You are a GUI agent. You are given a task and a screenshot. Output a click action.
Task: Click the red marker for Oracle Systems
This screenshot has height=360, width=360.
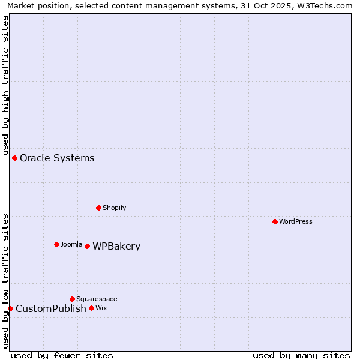pos(15,158)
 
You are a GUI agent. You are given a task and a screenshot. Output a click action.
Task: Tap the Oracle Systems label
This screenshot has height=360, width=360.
pos(57,158)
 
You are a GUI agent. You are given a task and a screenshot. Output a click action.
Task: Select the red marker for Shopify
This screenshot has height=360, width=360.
pos(99,208)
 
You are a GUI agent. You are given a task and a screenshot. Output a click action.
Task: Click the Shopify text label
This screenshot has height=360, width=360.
pos(114,208)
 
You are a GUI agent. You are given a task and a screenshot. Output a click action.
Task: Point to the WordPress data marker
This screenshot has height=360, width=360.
pos(275,221)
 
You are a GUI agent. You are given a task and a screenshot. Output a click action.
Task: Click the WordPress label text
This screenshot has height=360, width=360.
pos(296,222)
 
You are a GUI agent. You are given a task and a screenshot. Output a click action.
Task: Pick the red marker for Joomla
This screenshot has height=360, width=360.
pos(57,244)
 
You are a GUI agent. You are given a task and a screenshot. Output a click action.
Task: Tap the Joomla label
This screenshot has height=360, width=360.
pos(71,245)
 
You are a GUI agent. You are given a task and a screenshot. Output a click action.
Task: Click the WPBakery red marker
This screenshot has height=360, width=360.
pos(88,246)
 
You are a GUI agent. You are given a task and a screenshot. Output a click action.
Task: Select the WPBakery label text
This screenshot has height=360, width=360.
pos(116,247)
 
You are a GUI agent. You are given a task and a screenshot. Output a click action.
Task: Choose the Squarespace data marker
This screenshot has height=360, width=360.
pos(73,299)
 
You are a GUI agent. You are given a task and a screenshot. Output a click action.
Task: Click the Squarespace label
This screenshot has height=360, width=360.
pos(97,299)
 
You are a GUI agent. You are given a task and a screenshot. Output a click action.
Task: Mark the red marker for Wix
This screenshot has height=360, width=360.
pos(92,308)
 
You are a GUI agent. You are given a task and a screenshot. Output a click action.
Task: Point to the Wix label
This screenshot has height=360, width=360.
pos(101,308)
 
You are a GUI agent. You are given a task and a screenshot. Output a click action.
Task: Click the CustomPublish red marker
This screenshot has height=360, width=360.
pos(10,308)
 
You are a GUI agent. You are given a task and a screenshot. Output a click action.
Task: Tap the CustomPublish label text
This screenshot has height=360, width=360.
pos(51,309)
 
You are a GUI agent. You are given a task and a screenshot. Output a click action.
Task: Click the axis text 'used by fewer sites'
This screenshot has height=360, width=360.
pos(62,355)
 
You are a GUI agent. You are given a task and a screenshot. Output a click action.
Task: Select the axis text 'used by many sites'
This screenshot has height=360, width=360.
pos(301,355)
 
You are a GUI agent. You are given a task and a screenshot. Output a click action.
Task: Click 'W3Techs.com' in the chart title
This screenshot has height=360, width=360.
pos(327,6)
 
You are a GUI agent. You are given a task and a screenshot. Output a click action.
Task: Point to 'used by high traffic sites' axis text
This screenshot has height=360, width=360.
pos(6,84)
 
